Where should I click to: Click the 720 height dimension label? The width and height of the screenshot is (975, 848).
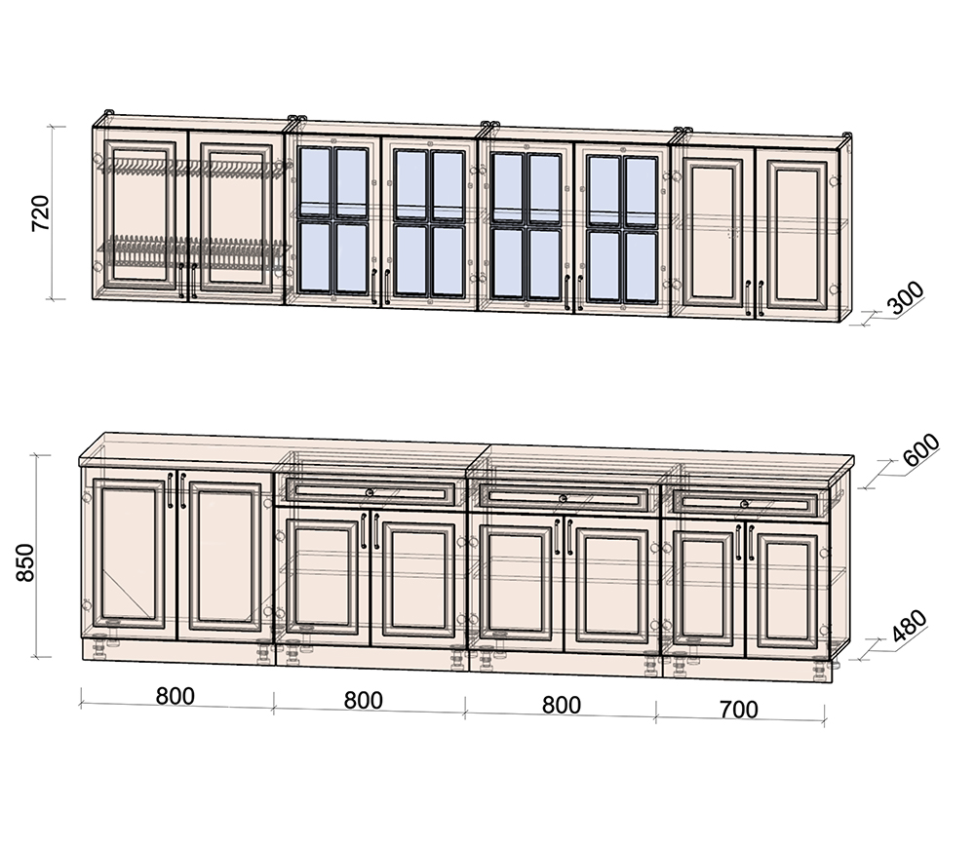coord(40,213)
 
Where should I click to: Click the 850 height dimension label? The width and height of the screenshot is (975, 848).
coord(25,562)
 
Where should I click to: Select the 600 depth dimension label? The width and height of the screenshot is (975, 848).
coord(921,449)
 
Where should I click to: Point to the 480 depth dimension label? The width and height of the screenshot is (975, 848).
coord(909,625)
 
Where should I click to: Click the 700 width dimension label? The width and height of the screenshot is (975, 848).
coord(739,709)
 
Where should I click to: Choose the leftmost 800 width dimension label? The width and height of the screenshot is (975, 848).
coord(175,696)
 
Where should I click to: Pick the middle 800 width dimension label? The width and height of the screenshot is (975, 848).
coord(363,700)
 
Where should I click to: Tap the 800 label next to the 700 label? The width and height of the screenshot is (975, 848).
coord(562,705)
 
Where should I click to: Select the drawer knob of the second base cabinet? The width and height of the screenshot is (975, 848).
coord(370,493)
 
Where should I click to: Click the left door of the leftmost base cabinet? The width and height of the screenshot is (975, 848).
coord(130,554)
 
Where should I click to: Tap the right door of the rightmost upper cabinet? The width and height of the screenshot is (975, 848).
coord(797,234)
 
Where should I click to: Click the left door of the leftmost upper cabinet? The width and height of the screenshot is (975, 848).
coord(139,214)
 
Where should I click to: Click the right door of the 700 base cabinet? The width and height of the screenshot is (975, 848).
coord(787,591)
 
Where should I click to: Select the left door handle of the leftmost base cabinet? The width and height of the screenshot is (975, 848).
coord(170,490)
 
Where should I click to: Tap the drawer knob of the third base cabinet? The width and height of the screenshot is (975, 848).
coord(564,498)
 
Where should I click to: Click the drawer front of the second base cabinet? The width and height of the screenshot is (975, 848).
coord(370,493)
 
